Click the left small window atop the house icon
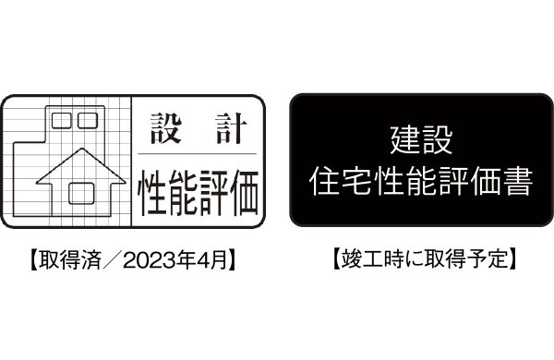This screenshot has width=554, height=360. (x=62, y=118)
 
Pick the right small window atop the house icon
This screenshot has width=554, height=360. (x=88, y=118)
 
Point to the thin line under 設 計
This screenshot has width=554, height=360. (x=195, y=152)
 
